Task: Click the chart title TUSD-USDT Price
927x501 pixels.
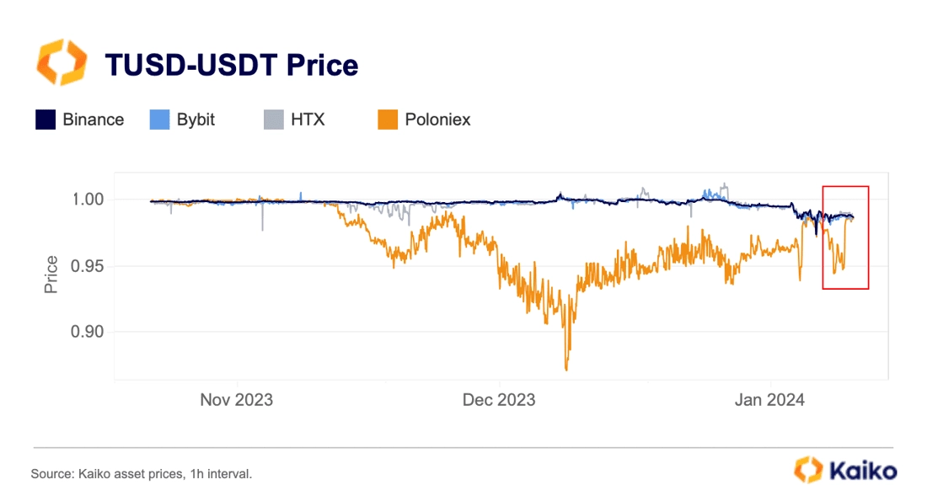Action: click(x=231, y=65)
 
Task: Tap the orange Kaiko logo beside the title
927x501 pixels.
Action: click(x=62, y=62)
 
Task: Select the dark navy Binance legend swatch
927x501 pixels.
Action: click(x=46, y=120)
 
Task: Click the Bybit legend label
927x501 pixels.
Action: click(x=196, y=120)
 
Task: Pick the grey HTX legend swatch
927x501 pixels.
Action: click(x=274, y=120)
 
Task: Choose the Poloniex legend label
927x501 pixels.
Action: click(x=437, y=120)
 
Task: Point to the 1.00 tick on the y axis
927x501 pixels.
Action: click(x=88, y=200)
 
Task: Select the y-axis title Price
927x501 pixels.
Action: click(x=51, y=274)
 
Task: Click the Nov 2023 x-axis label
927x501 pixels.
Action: click(x=237, y=400)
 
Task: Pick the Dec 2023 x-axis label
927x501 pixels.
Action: click(x=499, y=400)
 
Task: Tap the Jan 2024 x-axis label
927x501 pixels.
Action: click(x=769, y=400)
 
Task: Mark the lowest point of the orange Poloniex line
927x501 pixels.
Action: click(x=566, y=370)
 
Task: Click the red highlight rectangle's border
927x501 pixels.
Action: click(x=823, y=237)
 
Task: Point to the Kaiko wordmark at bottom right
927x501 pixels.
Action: click(x=863, y=472)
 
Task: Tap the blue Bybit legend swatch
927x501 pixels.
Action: click(x=159, y=120)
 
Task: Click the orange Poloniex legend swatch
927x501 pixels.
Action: click(x=388, y=120)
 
